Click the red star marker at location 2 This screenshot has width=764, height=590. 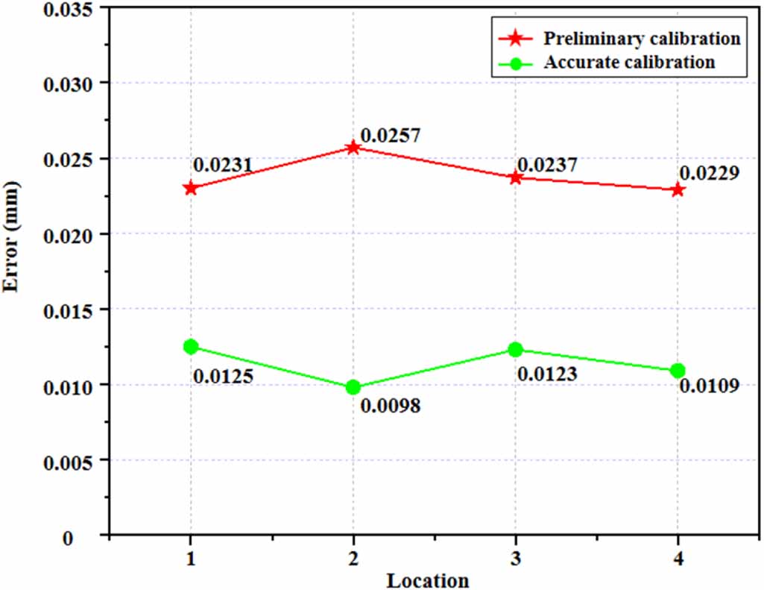pos(353,148)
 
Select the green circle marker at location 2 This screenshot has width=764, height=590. pos(353,387)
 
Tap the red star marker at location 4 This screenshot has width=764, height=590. pos(677,189)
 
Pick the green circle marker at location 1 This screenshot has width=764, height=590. pos(191,346)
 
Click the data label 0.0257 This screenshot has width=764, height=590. pos(390,136)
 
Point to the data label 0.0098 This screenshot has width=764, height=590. pos(390,407)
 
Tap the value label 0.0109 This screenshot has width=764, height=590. pos(709,386)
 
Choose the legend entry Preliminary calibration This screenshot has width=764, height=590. pos(642,38)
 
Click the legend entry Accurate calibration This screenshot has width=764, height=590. pos(630,62)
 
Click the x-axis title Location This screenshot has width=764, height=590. pos(428,580)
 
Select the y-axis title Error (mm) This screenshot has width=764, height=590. pos(12,270)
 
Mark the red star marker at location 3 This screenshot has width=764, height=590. pos(515,178)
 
